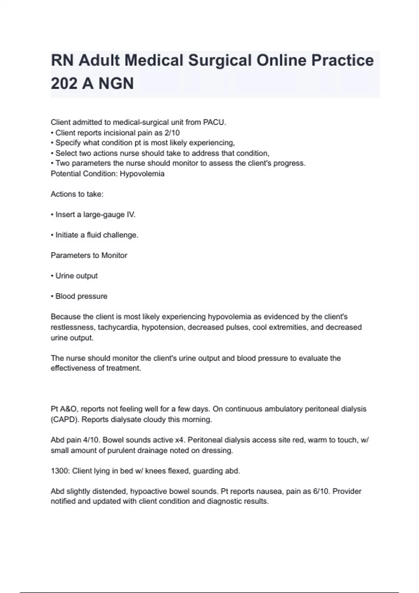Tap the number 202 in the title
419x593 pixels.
(x=64, y=84)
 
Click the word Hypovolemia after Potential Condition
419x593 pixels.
(x=142, y=174)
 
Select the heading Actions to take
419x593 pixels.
(x=77, y=194)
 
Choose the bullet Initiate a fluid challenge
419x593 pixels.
(x=97, y=235)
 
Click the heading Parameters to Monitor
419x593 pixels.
(x=89, y=256)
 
